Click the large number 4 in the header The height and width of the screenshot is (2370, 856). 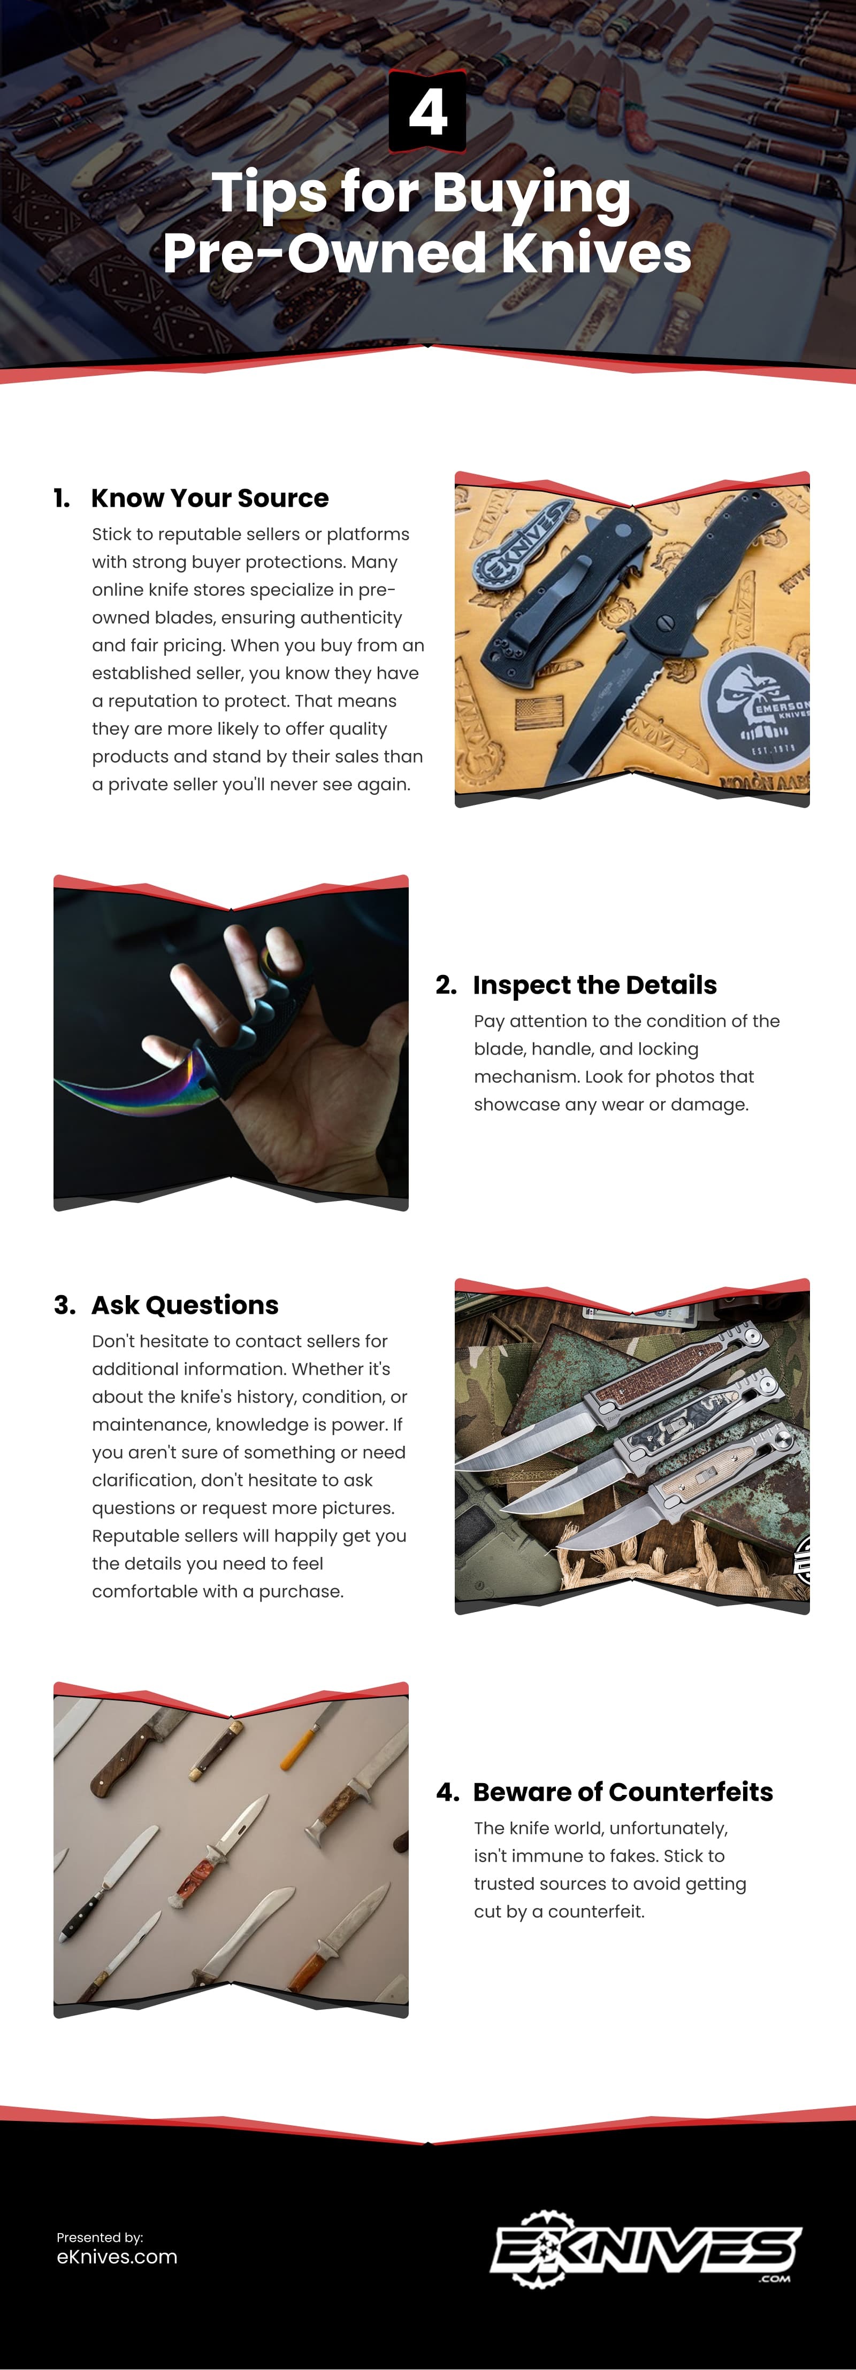pyautogui.click(x=427, y=112)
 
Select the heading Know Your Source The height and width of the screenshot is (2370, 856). pyautogui.click(x=209, y=498)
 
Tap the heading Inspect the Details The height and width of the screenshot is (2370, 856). pyautogui.click(x=594, y=985)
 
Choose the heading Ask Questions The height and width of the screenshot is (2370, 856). pyautogui.click(x=184, y=1305)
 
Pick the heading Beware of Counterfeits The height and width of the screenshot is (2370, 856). pyautogui.click(x=622, y=1791)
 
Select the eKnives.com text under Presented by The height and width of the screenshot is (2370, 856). pyautogui.click(x=117, y=2257)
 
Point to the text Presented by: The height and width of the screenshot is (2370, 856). pyautogui.click(x=100, y=2236)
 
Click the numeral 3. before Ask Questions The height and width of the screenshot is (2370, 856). pyautogui.click(x=64, y=1305)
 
